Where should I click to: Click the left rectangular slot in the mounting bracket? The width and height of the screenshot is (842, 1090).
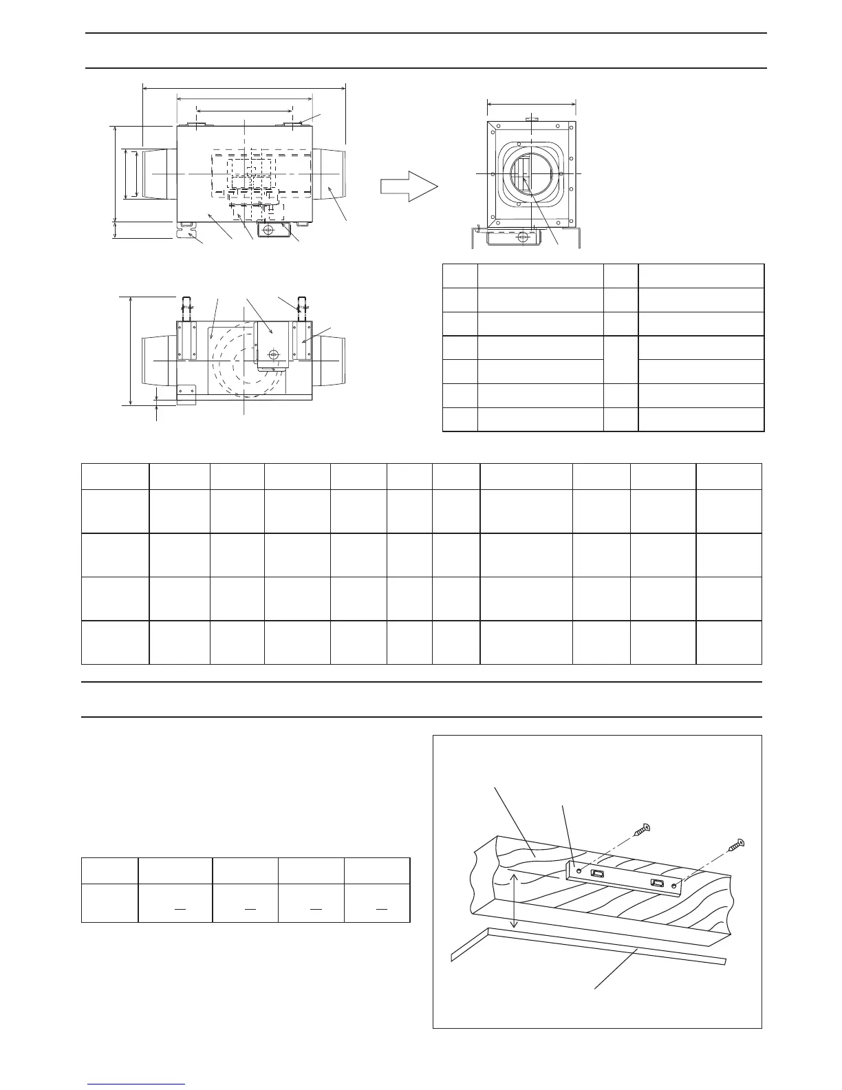597,874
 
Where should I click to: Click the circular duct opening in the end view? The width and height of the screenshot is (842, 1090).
530,173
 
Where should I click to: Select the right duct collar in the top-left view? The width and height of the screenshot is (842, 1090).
332,174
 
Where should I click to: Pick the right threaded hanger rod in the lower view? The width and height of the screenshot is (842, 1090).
300,306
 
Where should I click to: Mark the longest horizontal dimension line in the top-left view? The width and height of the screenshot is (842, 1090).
244,87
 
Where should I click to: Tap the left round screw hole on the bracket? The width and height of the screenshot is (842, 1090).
579,870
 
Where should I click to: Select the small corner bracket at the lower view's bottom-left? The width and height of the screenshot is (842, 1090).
186,394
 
